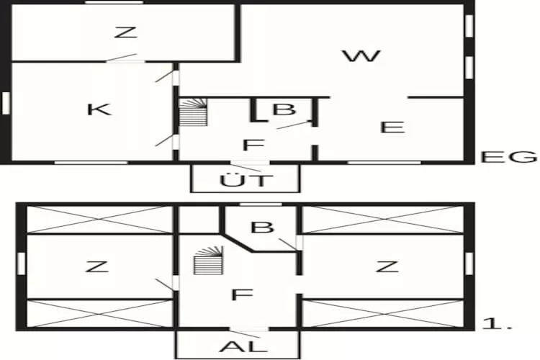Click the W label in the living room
pos(361,56)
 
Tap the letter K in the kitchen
pos(99,109)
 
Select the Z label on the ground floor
pos(125,32)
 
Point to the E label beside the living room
pos(392,127)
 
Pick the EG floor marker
pos(509,157)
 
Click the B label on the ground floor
pos(284,110)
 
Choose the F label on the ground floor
pos(251,145)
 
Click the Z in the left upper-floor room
pos(96,267)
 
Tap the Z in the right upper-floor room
pos(387,267)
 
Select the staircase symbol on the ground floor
pos(193,112)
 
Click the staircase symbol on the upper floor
pos(207,260)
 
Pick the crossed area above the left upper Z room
pos(99,220)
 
